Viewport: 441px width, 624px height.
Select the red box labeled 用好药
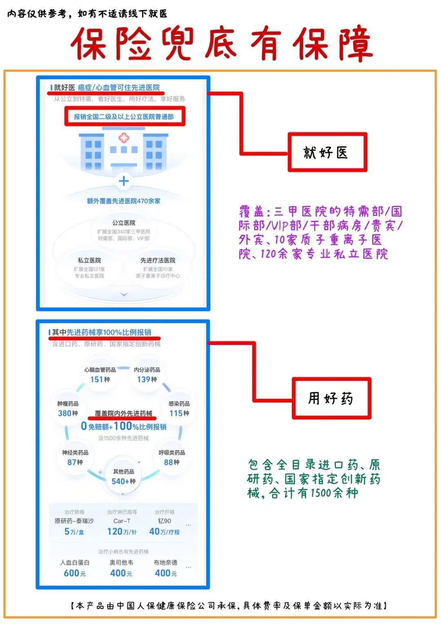[x=331, y=398]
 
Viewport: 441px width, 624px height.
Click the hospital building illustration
[x=123, y=149]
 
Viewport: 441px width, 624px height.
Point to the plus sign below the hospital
[x=123, y=181]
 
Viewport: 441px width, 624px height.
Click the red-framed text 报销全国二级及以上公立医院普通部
[x=124, y=117]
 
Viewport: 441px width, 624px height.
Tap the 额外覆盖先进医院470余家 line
[x=123, y=201]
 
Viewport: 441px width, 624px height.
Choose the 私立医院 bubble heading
[x=90, y=260]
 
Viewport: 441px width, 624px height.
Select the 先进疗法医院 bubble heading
[x=158, y=260]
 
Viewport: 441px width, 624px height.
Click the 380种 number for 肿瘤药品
[x=67, y=413]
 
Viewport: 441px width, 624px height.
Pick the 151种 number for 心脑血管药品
[x=100, y=380]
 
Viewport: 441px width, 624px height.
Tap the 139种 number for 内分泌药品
[x=147, y=380]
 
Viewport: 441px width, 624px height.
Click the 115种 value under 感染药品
[x=179, y=413]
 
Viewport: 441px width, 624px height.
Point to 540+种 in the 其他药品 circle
[x=123, y=481]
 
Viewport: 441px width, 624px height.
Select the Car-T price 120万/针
[x=122, y=532]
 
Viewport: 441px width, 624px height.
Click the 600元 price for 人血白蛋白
[x=75, y=573]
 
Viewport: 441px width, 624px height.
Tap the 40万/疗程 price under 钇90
[x=164, y=532]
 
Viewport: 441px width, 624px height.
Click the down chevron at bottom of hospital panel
[x=124, y=294]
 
